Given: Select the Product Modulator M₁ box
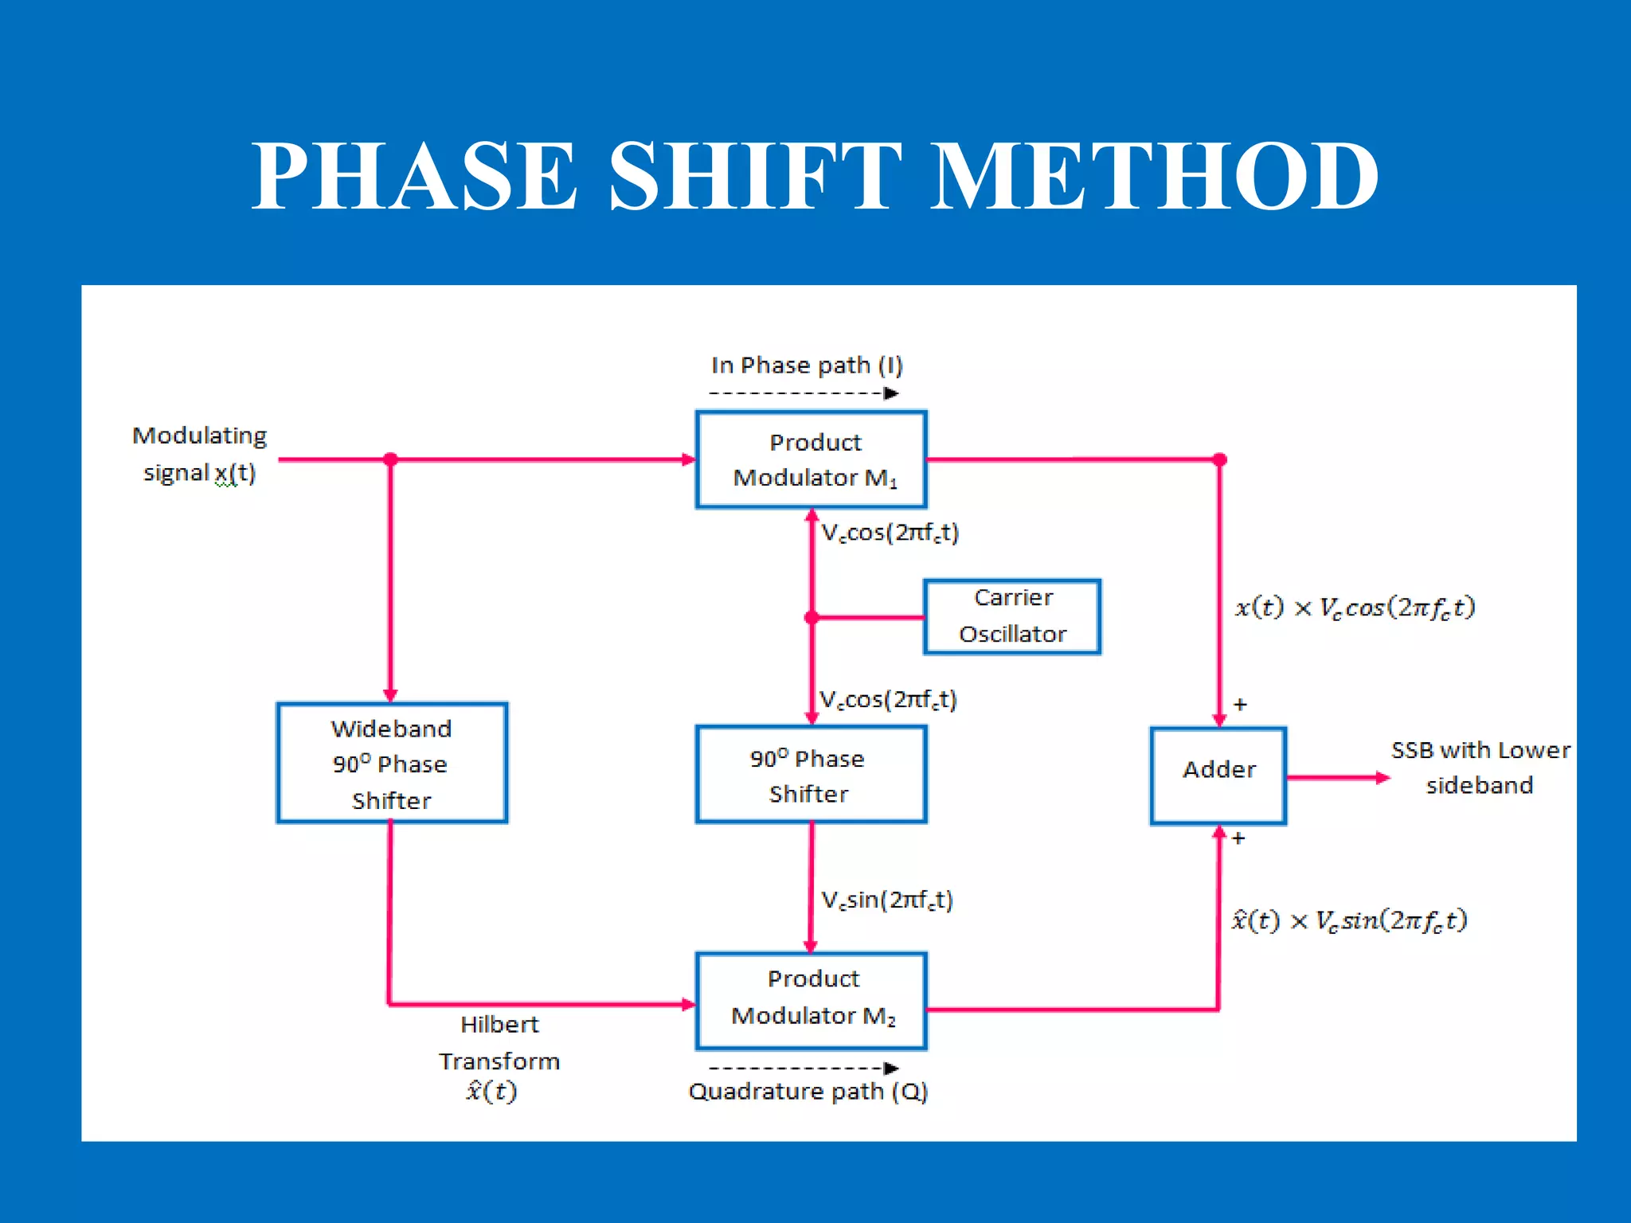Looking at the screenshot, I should tap(812, 459).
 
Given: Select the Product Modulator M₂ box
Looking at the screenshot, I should tap(812, 1000).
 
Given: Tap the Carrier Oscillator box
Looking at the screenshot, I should tap(1012, 616).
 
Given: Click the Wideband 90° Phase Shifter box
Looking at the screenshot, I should tap(392, 763).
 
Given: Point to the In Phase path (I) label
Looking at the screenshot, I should tap(807, 365).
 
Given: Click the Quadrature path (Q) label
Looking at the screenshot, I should tap(808, 1091).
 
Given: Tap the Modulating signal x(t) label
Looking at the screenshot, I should tap(199, 454).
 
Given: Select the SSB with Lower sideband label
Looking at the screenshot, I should tap(1480, 768).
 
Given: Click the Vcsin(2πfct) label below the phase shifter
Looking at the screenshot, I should tap(887, 900).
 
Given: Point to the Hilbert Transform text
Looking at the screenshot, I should tap(499, 1042).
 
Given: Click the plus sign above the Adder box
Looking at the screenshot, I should tap(1240, 705).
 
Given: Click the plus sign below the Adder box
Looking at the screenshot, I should tap(1238, 838).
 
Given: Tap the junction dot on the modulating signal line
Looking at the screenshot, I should tap(390, 459).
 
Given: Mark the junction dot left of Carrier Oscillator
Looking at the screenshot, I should tap(812, 617).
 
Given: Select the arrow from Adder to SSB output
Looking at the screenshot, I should tap(1338, 778).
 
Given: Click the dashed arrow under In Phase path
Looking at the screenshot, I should tap(804, 393).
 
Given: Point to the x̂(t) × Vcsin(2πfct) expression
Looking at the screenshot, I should tap(1349, 920).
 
